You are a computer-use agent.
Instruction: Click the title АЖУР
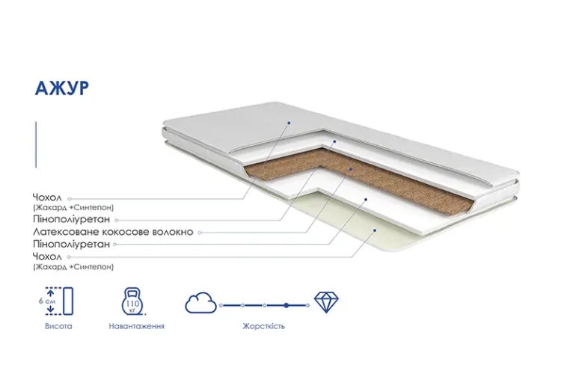pos(61,88)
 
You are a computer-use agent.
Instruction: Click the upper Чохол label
pos(47,197)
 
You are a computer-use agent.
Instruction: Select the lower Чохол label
pos(47,257)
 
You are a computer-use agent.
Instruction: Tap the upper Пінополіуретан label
pos(72,219)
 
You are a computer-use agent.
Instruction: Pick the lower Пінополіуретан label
pos(72,244)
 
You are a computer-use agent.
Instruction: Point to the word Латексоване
pos(66,232)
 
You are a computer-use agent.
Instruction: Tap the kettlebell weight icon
pos(132,301)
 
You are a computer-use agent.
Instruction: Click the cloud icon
pos(200,303)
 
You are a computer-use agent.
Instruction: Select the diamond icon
pos(326,302)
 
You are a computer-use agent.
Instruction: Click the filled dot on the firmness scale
pos(286,305)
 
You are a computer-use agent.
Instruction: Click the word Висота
pos(58,326)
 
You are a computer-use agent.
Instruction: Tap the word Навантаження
pos(137,326)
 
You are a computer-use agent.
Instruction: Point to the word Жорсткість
pos(264,326)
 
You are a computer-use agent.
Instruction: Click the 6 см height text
pos(47,301)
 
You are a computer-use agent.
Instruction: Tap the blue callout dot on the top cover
pos(289,123)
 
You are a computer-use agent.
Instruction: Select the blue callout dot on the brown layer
pos(351,169)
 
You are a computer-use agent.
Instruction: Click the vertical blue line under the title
pos(36,144)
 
